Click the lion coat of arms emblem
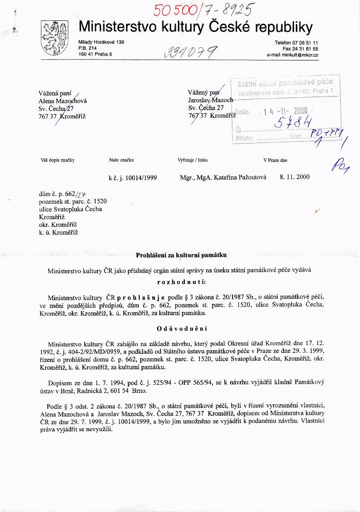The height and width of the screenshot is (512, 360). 54,39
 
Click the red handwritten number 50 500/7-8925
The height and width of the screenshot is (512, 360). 204,9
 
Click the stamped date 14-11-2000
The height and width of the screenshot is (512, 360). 285,111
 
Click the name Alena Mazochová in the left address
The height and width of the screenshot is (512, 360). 63,101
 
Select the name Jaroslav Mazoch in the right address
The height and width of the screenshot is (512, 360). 211,100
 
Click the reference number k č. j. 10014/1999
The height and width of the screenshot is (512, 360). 132,178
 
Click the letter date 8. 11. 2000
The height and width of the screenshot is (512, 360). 294,177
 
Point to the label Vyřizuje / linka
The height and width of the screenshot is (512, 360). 193,160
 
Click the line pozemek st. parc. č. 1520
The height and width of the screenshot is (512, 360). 73,201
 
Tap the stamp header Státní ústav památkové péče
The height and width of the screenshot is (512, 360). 285,82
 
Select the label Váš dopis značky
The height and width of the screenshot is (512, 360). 57,160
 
